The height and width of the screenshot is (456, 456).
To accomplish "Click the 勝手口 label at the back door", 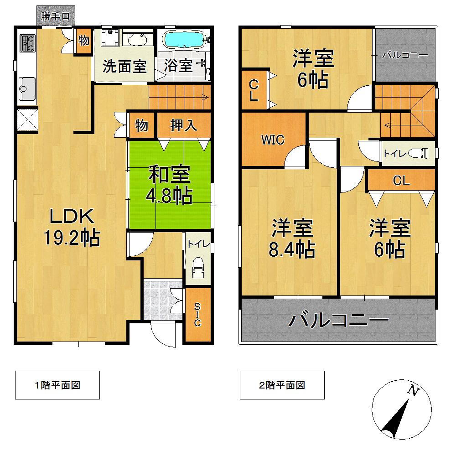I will (55, 17).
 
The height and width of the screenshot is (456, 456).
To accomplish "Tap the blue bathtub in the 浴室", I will (184, 39).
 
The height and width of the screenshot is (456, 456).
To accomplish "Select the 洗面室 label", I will (124, 66).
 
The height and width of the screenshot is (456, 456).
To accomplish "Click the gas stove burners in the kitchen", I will (27, 43).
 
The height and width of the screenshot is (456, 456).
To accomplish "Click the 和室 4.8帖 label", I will (169, 185).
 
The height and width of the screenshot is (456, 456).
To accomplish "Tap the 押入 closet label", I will (184, 125).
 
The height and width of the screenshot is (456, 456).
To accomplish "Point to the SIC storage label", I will (197, 315).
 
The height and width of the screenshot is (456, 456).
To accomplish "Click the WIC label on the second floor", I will (272, 140).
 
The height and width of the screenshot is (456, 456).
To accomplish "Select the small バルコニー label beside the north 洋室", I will (404, 56).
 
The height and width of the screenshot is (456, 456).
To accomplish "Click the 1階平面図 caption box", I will (57, 385).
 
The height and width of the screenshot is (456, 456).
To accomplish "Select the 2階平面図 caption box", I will (282, 385).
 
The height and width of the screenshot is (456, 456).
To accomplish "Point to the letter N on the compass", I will (413, 390).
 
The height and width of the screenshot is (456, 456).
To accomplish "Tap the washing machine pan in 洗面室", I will (109, 37).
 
